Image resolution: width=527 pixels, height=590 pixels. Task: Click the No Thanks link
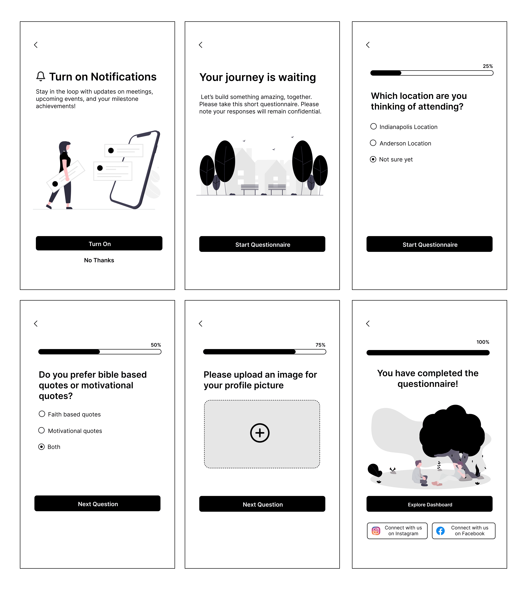[x=99, y=260]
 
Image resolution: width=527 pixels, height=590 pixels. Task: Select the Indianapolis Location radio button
[x=374, y=127]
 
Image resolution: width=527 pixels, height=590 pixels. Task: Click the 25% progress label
[x=488, y=66]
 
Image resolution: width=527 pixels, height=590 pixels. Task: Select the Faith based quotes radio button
[x=42, y=414]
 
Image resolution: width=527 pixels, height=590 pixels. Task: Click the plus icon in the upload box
[x=260, y=433]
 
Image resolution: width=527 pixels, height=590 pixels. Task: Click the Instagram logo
[x=376, y=531]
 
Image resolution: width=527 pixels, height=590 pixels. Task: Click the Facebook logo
[x=440, y=531]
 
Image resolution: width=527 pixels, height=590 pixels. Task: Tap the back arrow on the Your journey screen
[x=200, y=45]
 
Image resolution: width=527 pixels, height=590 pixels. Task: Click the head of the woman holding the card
[x=65, y=146]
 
